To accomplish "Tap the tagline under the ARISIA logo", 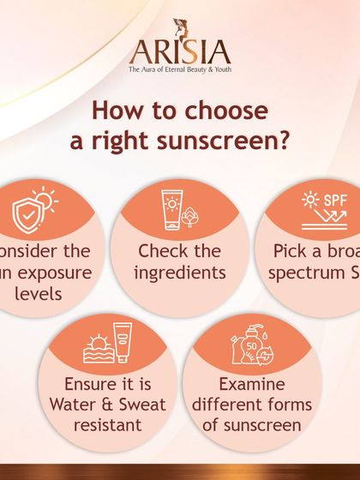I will click(180, 69).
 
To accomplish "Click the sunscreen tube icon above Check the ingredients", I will click(171, 208).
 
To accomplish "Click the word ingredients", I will click(181, 272).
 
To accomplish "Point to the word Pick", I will click(291, 252).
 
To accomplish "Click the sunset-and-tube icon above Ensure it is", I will click(109, 342).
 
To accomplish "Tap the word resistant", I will click(109, 423).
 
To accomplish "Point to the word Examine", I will click(252, 384).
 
